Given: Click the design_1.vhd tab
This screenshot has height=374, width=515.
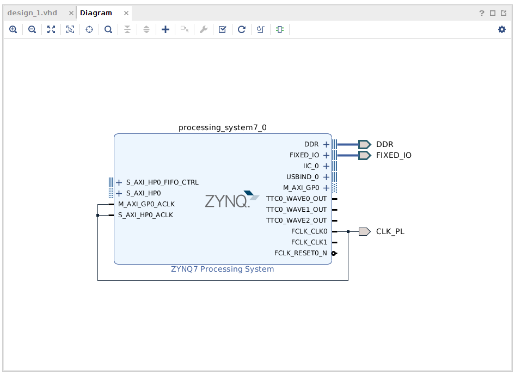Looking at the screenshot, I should (32, 13).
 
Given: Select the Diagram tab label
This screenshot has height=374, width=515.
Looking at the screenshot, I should (96, 13).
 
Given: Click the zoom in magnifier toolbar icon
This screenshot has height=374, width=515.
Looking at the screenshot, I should (13, 29).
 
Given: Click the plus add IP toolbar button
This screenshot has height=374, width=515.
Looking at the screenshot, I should (165, 29).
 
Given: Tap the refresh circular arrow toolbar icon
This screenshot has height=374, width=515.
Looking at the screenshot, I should (241, 29).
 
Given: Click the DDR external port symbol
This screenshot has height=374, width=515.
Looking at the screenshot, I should (364, 144).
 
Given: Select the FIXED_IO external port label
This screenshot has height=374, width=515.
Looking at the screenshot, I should (394, 155).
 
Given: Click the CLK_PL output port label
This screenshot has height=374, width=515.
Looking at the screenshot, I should (390, 231).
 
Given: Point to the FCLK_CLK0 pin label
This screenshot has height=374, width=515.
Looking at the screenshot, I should (309, 231).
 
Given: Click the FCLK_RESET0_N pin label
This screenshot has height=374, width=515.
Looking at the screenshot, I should (301, 253).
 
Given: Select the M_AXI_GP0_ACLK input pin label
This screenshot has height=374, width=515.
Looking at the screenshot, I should (146, 204).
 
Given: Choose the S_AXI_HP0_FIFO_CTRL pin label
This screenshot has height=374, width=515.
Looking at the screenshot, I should (162, 182).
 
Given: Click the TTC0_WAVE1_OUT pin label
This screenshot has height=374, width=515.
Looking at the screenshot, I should (296, 210).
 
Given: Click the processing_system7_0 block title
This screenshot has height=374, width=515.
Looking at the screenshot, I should (223, 128).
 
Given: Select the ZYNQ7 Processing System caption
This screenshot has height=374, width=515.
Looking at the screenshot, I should (223, 269).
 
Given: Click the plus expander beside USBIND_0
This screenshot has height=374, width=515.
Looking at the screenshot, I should (326, 177).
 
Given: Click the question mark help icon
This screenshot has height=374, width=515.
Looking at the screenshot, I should (481, 13).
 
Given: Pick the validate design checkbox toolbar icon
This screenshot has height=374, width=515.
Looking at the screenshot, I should (222, 29).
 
